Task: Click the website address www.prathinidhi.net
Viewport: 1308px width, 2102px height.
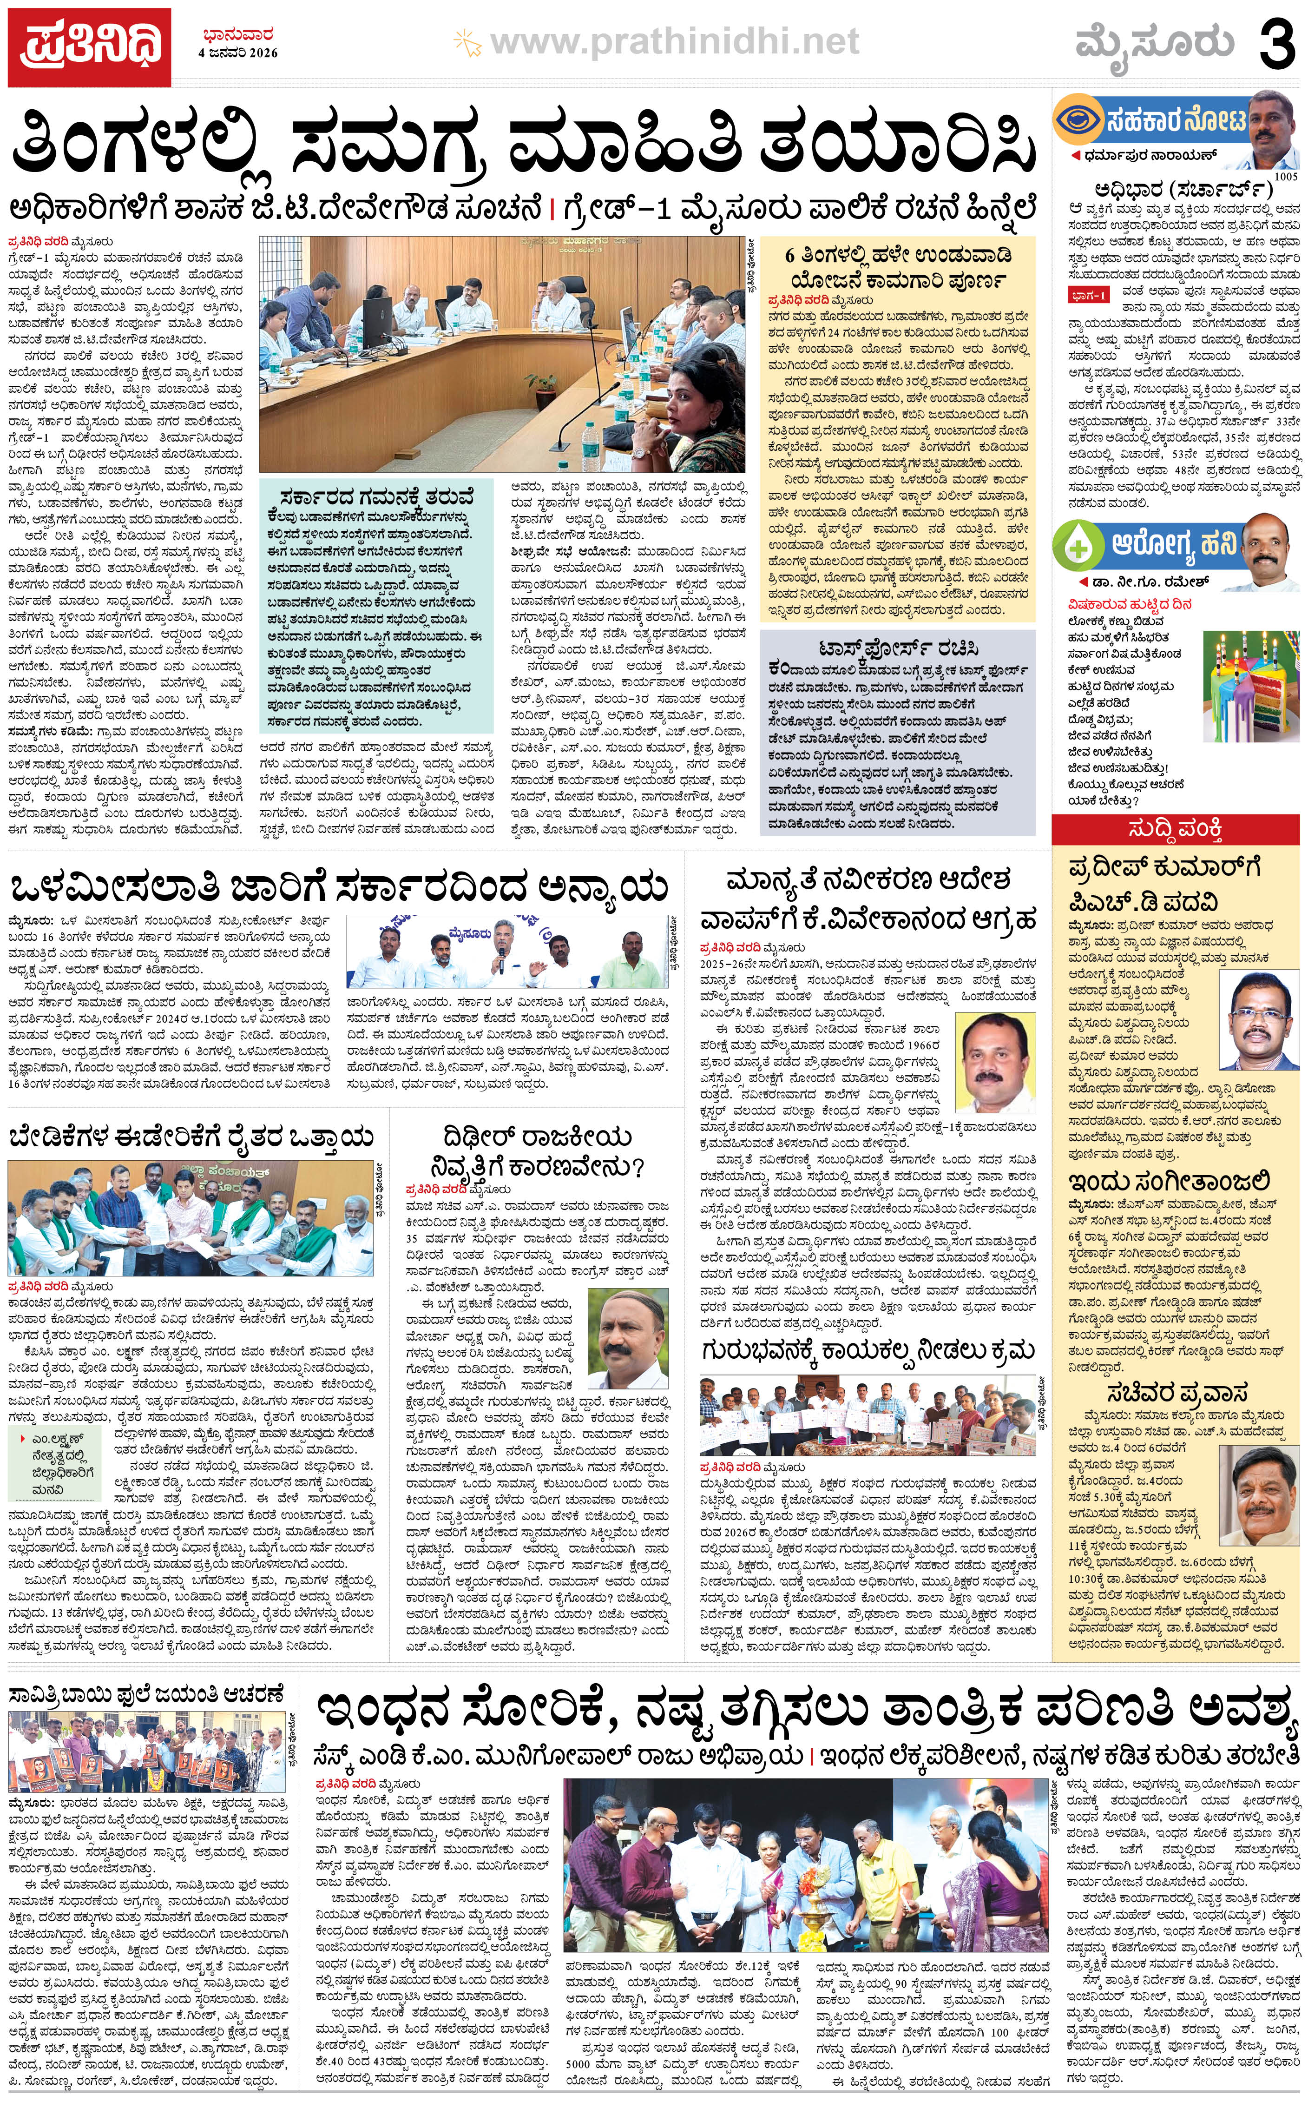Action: point(675,41)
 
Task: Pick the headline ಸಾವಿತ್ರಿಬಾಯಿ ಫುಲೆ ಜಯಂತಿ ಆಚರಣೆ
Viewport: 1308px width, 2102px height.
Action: point(145,1692)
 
